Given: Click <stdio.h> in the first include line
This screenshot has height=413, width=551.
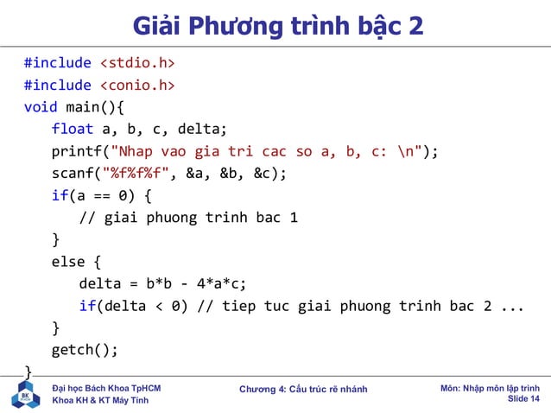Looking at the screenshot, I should tap(137, 63).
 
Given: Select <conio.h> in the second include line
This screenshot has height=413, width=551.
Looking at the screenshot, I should tap(137, 85).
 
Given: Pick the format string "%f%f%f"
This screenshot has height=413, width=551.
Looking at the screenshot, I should tap(139, 173).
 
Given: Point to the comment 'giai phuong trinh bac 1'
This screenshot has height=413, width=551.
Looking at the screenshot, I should tap(199, 218).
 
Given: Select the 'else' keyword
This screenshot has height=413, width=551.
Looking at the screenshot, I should tap(68, 262).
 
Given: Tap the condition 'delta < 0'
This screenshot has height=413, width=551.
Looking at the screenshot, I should tap(142, 306).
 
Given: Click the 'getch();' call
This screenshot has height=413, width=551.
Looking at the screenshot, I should tap(84, 350).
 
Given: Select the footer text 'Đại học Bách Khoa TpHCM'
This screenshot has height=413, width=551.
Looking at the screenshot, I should tap(106, 389).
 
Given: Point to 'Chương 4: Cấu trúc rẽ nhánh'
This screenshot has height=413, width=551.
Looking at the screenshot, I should tap(303, 390).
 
